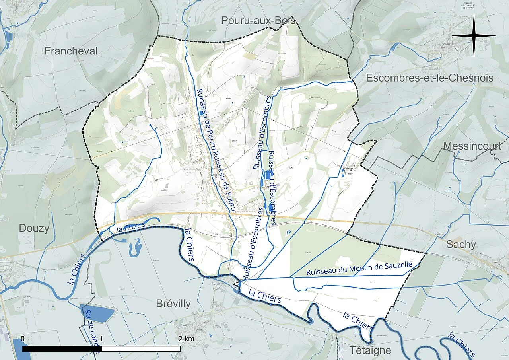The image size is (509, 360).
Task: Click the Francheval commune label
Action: [71, 51]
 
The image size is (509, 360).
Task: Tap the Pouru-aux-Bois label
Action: [258, 21]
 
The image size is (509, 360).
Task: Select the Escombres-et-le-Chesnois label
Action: [429, 78]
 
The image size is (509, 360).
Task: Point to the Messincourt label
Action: [472, 146]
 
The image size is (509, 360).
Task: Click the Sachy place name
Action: [461, 244]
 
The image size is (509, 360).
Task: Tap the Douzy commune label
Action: [34, 228]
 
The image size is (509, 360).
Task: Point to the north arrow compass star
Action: [474, 36]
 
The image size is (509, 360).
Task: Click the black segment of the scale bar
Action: [62, 349]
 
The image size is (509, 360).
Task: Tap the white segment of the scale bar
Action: [141, 349]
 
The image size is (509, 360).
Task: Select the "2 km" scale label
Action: [186, 339]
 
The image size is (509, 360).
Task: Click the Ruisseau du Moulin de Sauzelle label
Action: [359, 269]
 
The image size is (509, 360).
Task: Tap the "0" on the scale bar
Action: [23, 339]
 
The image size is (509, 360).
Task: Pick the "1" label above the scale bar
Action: [102, 339]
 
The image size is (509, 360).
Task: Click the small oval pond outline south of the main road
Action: [289, 232]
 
